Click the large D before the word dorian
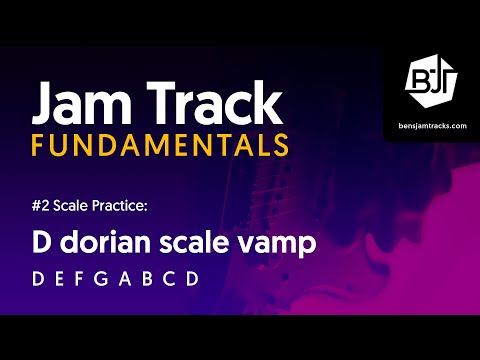pyautogui.click(x=42, y=243)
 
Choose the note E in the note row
pyautogui.click(x=60, y=279)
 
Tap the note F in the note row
pyautogui.click(x=83, y=279)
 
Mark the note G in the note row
pyautogui.click(x=107, y=279)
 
